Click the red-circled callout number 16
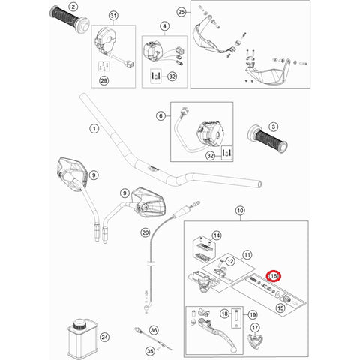(x=274, y=275)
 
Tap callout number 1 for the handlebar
(x=94, y=129)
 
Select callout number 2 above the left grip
(x=73, y=6)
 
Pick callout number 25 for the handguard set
(x=181, y=13)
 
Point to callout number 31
(x=113, y=16)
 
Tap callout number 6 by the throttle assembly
(x=160, y=116)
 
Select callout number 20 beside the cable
(x=145, y=234)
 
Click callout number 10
(x=240, y=212)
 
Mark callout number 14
(x=217, y=235)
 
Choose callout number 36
(x=153, y=329)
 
